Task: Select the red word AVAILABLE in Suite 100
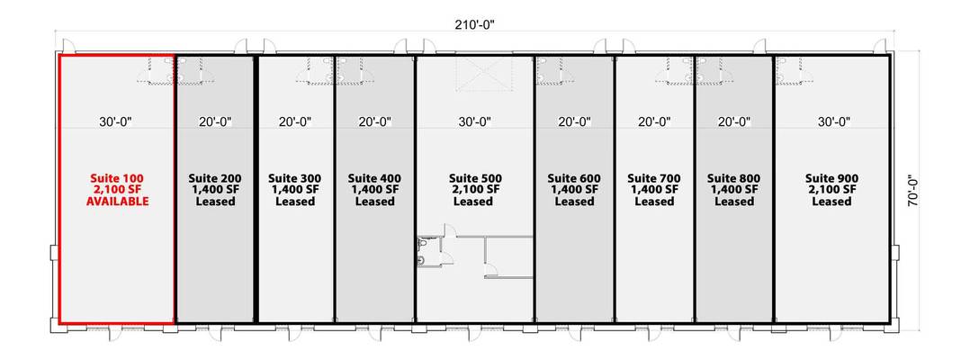(x=118, y=202)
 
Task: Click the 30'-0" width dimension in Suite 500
(x=474, y=122)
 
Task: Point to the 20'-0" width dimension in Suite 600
(x=575, y=122)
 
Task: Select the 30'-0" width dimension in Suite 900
(x=833, y=122)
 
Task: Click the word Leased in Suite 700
(x=654, y=202)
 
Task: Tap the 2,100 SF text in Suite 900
(x=832, y=190)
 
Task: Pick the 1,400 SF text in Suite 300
(x=295, y=190)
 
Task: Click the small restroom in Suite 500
(x=428, y=250)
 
